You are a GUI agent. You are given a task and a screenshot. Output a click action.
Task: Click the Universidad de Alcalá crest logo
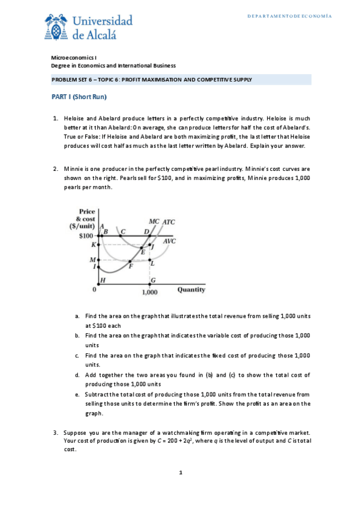point(56,26)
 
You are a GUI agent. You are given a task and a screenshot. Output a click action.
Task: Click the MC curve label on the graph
point(153,222)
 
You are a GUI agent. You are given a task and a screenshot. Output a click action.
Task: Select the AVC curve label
point(169,241)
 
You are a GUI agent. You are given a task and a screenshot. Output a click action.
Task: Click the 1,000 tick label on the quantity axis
point(150,292)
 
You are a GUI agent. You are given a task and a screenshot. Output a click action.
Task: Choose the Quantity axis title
point(191,289)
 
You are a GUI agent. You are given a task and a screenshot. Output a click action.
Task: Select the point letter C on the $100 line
point(123,231)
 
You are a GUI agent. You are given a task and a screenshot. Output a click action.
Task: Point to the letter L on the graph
point(152,263)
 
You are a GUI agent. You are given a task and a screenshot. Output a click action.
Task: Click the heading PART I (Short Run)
point(77,97)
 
